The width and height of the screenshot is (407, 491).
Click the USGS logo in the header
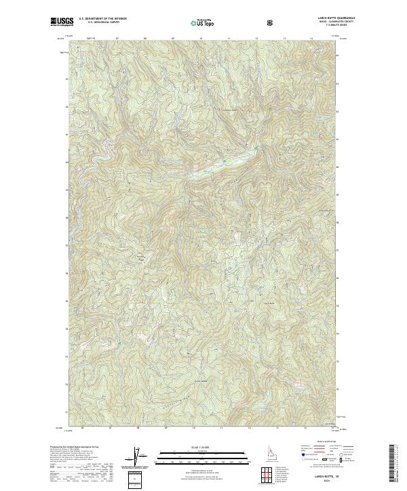coord(61,22)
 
